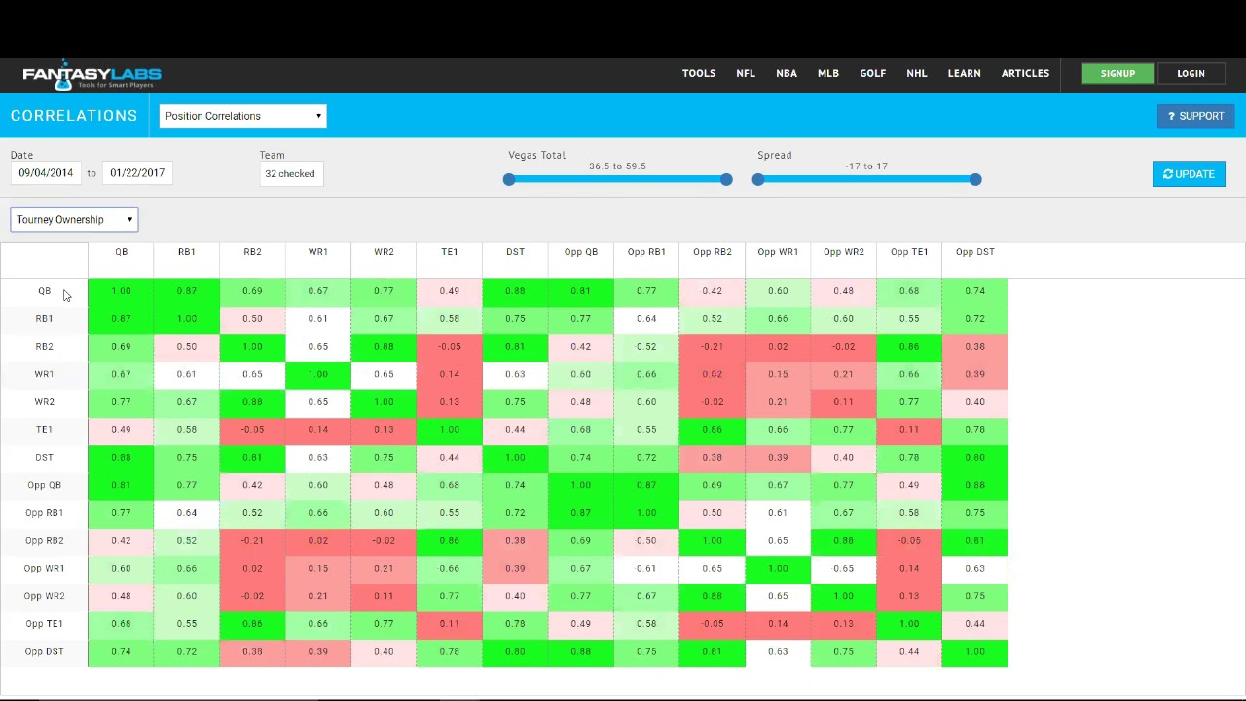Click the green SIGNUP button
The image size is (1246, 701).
[1118, 74]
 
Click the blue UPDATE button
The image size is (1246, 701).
[1189, 174]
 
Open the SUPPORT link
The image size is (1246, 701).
[1195, 116]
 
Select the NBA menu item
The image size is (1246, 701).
[787, 73]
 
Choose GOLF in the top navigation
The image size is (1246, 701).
[872, 73]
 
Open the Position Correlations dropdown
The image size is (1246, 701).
[242, 116]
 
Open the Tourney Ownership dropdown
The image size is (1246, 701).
[74, 220]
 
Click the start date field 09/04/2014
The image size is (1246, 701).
[46, 173]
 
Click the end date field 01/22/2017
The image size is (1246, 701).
[137, 173]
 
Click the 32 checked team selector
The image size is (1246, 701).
[290, 174]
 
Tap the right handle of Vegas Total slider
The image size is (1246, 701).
[726, 179]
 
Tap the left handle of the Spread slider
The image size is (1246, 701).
[758, 179]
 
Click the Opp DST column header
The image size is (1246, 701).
[974, 252]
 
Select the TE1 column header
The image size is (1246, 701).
[449, 252]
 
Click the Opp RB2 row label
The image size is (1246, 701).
[44, 540]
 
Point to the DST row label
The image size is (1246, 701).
[44, 457]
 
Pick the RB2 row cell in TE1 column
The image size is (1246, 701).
[449, 346]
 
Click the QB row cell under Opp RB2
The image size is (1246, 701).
[712, 290]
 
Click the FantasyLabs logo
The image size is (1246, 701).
[92, 75]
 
